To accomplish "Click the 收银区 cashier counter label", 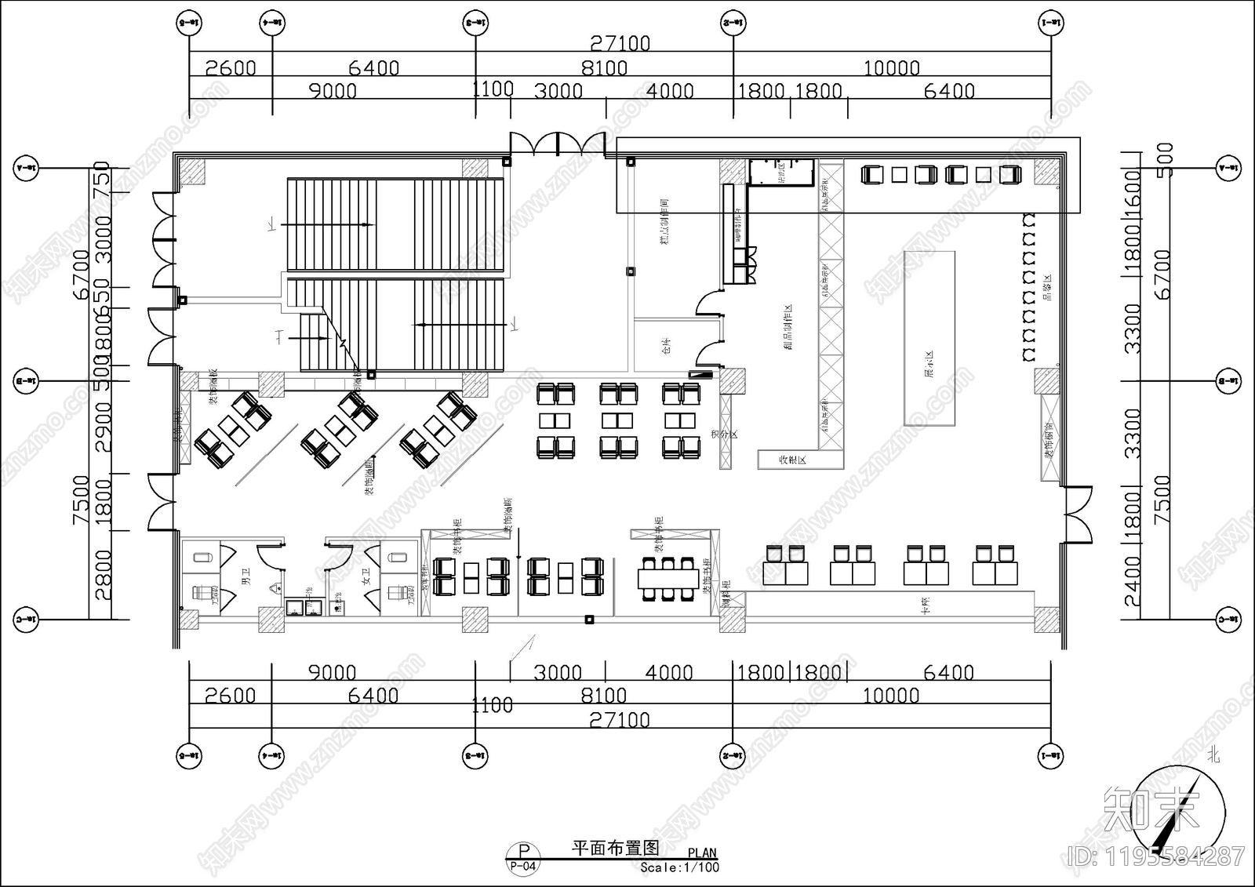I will pos(791,460).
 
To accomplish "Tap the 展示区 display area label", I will pos(929,365).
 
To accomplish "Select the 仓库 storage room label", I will pos(667,346).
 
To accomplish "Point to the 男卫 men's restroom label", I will pos(246,580).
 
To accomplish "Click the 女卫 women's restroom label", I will pos(366,580).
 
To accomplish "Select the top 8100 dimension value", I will pos(604,68).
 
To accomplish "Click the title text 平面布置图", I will pos(615,848).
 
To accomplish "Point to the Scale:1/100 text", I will pos(679,867).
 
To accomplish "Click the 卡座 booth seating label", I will pos(926,604).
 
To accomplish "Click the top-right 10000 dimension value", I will pos(891,68).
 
